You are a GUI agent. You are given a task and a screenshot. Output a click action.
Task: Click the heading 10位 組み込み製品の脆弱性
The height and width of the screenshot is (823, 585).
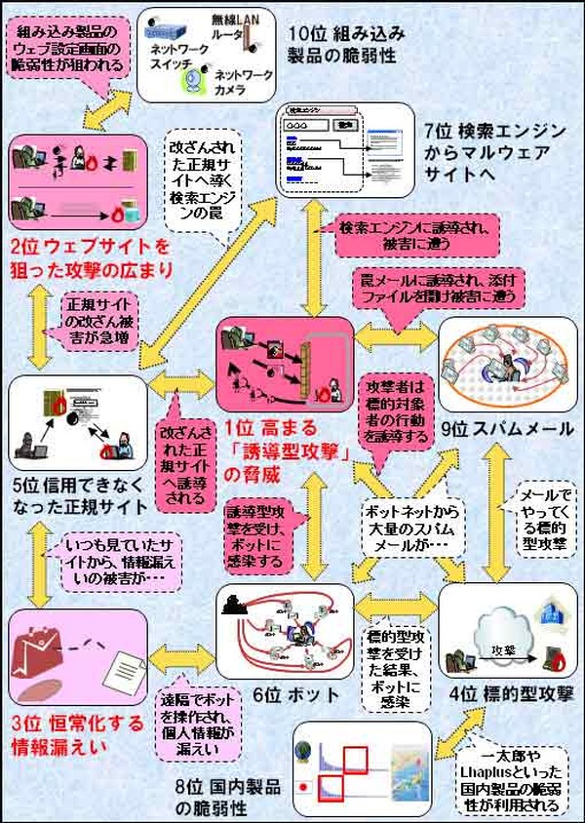(x=345, y=43)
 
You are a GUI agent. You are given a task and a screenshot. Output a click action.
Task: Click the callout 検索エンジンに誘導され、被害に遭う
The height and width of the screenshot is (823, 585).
(x=413, y=233)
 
